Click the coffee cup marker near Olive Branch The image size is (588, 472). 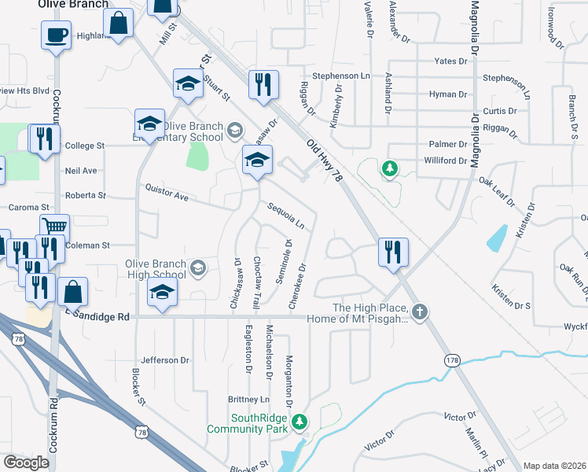point(57,35)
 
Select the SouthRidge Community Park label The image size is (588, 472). point(249,424)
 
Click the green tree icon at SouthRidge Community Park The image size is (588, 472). point(299,422)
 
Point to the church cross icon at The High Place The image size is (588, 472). point(421,312)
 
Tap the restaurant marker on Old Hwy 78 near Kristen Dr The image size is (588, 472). point(392,253)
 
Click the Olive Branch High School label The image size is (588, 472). point(156,270)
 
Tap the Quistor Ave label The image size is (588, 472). point(167,192)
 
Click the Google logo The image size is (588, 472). point(27,463)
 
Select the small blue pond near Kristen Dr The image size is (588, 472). point(497,237)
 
